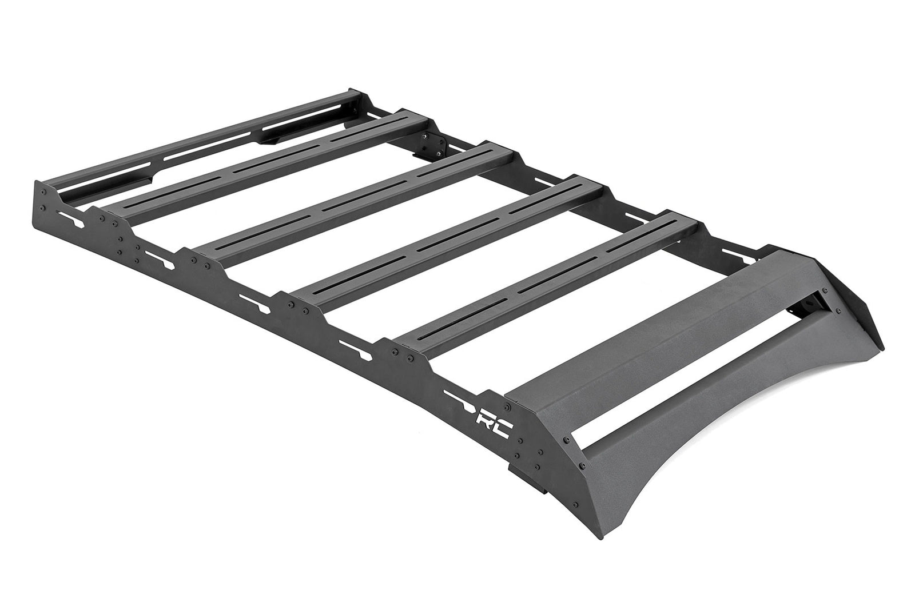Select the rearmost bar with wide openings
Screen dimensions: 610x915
pyautogui.click(x=194, y=137)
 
